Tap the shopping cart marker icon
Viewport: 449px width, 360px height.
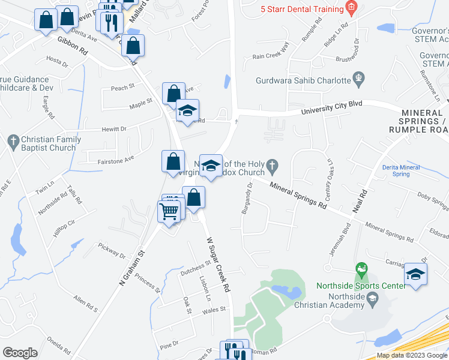pyautogui.click(x=169, y=211)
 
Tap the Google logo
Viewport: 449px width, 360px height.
pyautogui.click(x=20, y=353)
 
